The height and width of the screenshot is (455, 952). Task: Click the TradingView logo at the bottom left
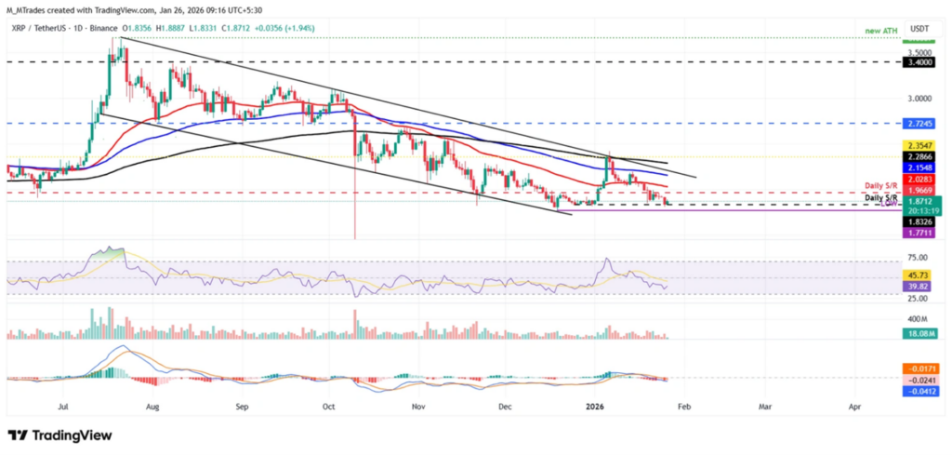pos(59,435)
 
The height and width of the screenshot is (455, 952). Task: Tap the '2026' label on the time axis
pos(590,407)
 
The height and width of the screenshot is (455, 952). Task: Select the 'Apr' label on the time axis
pos(853,407)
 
